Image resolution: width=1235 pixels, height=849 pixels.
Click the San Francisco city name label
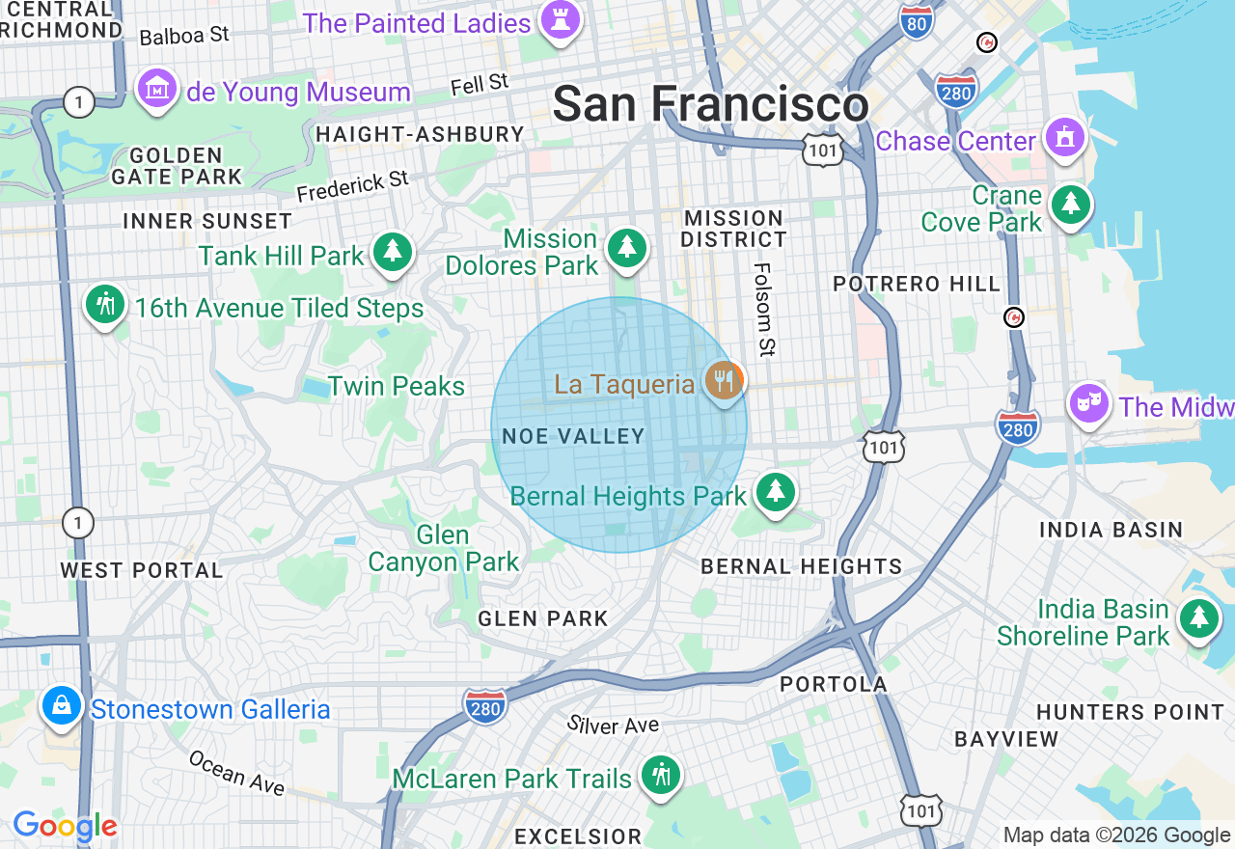pyautogui.click(x=710, y=104)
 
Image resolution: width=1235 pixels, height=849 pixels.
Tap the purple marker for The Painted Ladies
pyautogui.click(x=560, y=19)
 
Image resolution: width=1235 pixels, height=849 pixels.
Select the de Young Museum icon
pyautogui.click(x=155, y=90)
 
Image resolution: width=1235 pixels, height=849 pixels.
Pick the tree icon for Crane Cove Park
pyautogui.click(x=1070, y=204)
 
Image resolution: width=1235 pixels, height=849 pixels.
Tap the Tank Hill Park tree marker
pyautogui.click(x=392, y=252)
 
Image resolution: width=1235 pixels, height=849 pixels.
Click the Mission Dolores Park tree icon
pyautogui.click(x=627, y=248)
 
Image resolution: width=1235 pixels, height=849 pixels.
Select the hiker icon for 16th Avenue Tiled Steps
pyautogui.click(x=105, y=304)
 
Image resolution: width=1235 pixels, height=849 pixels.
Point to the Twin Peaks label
pyautogui.click(x=396, y=386)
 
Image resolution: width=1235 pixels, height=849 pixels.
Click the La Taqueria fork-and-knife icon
pyautogui.click(x=724, y=381)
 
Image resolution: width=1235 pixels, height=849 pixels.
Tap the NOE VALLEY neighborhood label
pyautogui.click(x=573, y=436)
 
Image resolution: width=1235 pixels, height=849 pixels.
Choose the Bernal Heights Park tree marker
pyautogui.click(x=774, y=491)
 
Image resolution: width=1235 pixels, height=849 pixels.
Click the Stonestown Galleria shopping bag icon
pyautogui.click(x=62, y=706)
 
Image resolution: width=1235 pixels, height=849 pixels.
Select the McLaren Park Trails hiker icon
pyautogui.click(x=660, y=774)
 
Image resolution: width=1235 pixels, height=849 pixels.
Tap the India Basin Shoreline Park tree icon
pyautogui.click(x=1198, y=617)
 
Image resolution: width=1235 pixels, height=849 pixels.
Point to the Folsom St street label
pyautogui.click(x=764, y=310)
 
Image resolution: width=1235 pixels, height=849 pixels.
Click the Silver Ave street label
pyautogui.click(x=613, y=725)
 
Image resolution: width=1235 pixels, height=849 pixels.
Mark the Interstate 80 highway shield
pyautogui.click(x=915, y=21)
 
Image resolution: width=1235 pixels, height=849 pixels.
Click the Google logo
pyautogui.click(x=65, y=827)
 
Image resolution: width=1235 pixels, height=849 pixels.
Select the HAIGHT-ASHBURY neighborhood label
pyautogui.click(x=420, y=134)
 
